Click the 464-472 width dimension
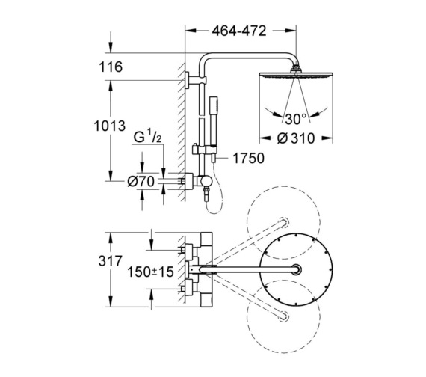(x=238, y=31)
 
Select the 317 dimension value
(x=111, y=263)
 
